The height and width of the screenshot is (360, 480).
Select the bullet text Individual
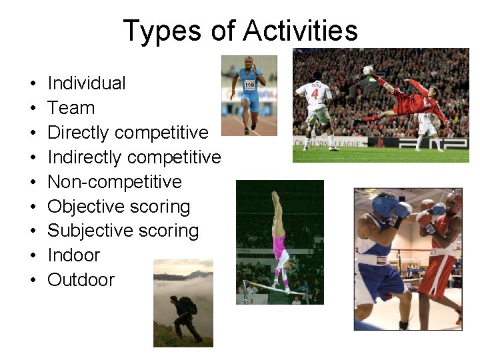87,83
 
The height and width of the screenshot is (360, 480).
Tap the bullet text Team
71,108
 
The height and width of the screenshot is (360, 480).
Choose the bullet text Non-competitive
115,182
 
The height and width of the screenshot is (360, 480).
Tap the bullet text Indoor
73,255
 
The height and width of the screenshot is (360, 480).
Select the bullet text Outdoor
81,280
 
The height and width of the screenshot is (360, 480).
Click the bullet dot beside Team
32,109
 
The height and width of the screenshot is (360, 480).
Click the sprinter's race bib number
249,85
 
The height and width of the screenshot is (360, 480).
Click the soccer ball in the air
368,70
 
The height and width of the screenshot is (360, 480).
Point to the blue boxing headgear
385,205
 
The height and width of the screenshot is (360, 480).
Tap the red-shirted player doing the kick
417,101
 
